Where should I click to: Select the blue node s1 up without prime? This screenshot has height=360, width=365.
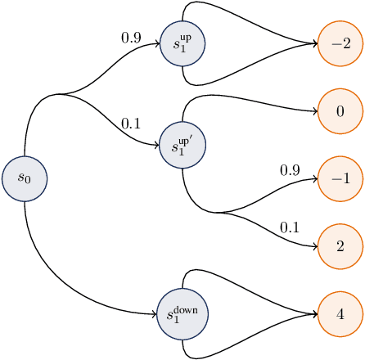click(182, 42)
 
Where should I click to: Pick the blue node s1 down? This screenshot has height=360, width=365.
click(182, 315)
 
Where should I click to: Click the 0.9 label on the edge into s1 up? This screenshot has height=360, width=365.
click(131, 37)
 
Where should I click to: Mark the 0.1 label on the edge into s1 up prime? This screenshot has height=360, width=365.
click(131, 124)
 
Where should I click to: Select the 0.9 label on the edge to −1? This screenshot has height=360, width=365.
click(290, 170)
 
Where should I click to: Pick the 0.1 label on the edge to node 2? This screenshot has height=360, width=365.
click(290, 227)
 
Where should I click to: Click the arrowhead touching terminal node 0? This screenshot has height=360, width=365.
click(314, 110)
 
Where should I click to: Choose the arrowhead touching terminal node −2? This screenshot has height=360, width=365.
click(314, 43)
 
